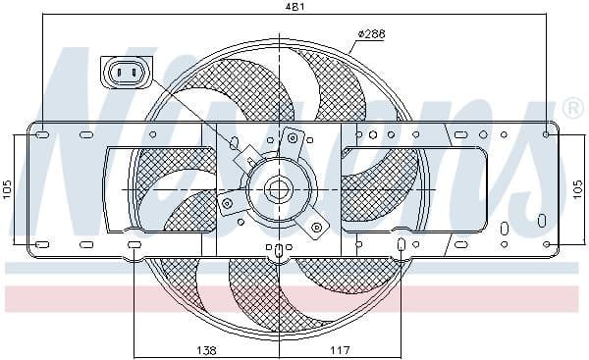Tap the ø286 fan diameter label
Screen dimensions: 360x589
pos(370,34)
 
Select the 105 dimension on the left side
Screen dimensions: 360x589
pos(8,188)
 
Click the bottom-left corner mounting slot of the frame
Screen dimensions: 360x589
pos(42,243)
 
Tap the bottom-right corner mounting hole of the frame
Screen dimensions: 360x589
pos(547,243)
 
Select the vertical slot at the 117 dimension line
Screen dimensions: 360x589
pos(402,243)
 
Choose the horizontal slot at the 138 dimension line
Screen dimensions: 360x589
pos(135,243)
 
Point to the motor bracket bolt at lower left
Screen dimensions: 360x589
pos(228,204)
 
